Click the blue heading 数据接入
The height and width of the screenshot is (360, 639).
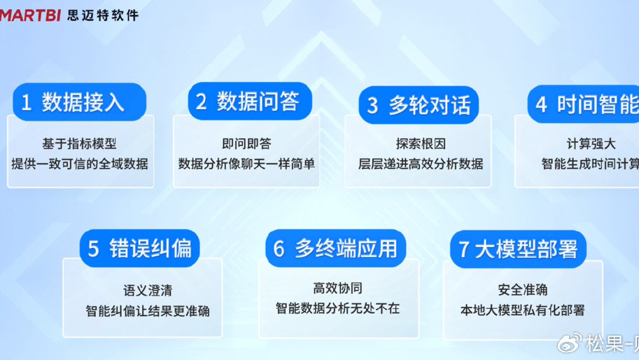click(x=82, y=103)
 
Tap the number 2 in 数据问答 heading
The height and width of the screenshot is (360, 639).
click(x=202, y=102)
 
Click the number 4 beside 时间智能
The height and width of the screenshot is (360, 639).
click(x=541, y=104)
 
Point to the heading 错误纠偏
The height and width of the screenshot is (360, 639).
click(x=150, y=249)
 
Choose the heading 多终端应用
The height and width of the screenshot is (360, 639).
click(x=346, y=249)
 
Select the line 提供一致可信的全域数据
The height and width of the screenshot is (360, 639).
click(x=80, y=164)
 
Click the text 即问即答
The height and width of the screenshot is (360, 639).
click(x=246, y=144)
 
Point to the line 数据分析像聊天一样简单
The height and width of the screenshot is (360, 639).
click(x=246, y=164)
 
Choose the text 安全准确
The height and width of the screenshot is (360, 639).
click(x=523, y=290)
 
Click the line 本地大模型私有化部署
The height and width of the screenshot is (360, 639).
click(x=523, y=310)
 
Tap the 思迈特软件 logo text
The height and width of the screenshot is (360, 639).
click(x=103, y=14)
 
